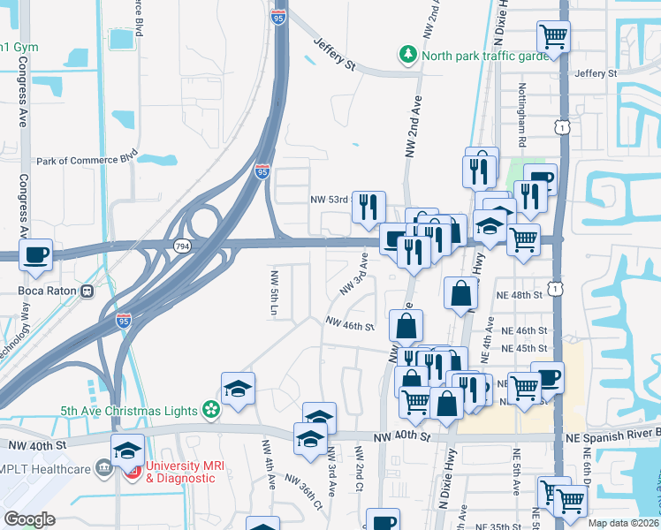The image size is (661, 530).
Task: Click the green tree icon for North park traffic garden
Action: pos(408,55)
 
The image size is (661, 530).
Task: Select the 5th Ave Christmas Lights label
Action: pos(131,409)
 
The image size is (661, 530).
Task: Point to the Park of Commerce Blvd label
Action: pos(87,161)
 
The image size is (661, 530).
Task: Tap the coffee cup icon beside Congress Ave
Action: pos(36,255)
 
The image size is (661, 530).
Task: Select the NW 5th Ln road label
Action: pos(275,294)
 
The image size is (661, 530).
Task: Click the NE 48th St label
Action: pos(519,294)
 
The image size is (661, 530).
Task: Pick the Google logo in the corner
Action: pos(29,519)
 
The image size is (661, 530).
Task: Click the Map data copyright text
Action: pos(624,523)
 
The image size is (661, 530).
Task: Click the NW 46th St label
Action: pos(351,326)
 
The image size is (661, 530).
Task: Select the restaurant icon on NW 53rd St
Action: pos(368,208)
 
